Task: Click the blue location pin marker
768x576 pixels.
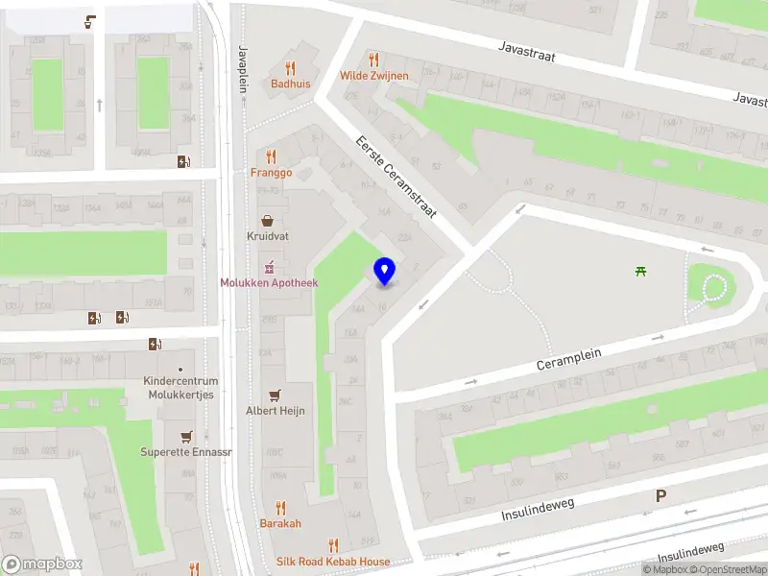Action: [385, 272]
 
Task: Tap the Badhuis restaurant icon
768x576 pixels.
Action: [290, 67]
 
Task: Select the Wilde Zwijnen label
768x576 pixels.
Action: [373, 75]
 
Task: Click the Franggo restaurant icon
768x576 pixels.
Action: [271, 156]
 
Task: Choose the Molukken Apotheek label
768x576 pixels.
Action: [270, 283]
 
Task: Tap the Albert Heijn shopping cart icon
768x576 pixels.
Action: [276, 395]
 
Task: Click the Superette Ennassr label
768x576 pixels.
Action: [185, 451]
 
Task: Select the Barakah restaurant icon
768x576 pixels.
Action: [280, 508]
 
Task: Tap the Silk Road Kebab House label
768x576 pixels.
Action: [333, 562]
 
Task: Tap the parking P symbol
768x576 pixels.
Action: [660, 496]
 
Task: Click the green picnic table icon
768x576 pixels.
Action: [641, 272]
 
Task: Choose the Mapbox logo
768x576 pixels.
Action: [42, 564]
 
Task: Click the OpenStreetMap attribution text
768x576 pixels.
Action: [730, 569]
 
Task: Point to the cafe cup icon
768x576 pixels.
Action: [90, 20]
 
